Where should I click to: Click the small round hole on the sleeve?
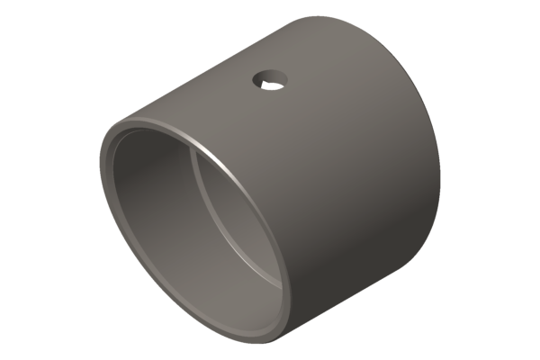coord(268,81)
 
